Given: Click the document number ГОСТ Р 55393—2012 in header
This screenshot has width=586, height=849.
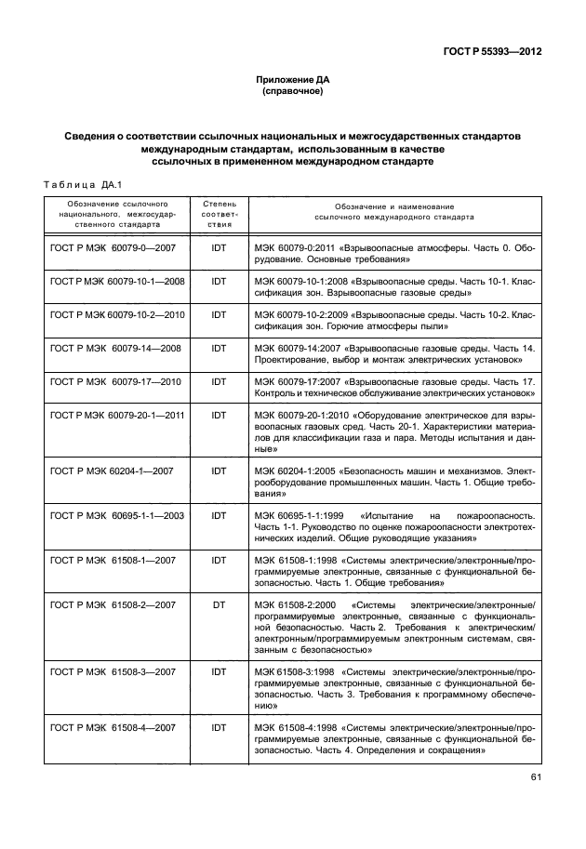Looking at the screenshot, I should pyautogui.click(x=492, y=51).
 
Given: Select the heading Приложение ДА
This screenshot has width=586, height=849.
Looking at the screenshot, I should pyautogui.click(x=293, y=81).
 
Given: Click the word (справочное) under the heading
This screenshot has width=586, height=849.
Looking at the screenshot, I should pyautogui.click(x=293, y=93).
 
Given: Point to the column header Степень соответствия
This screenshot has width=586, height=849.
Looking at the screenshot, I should pyautogui.click(x=220, y=214).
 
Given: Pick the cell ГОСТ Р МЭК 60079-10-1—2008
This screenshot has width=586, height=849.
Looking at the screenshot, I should pyautogui.click(x=116, y=281).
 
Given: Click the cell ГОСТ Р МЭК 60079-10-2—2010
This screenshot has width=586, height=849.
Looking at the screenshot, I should pyautogui.click(x=116, y=314).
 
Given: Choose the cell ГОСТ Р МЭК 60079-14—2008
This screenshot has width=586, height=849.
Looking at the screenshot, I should pyautogui.click(x=113, y=347).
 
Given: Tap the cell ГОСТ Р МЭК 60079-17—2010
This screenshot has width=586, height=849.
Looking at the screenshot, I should pyautogui.click(x=113, y=381).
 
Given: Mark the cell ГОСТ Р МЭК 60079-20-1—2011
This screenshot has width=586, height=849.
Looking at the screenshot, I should pyautogui.click(x=116, y=414).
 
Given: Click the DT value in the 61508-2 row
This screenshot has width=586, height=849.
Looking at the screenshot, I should pyautogui.click(x=220, y=604).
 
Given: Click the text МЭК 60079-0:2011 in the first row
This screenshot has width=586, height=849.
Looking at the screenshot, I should pyautogui.click(x=295, y=249).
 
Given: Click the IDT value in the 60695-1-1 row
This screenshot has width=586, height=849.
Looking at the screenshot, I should pyautogui.click(x=220, y=515).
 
